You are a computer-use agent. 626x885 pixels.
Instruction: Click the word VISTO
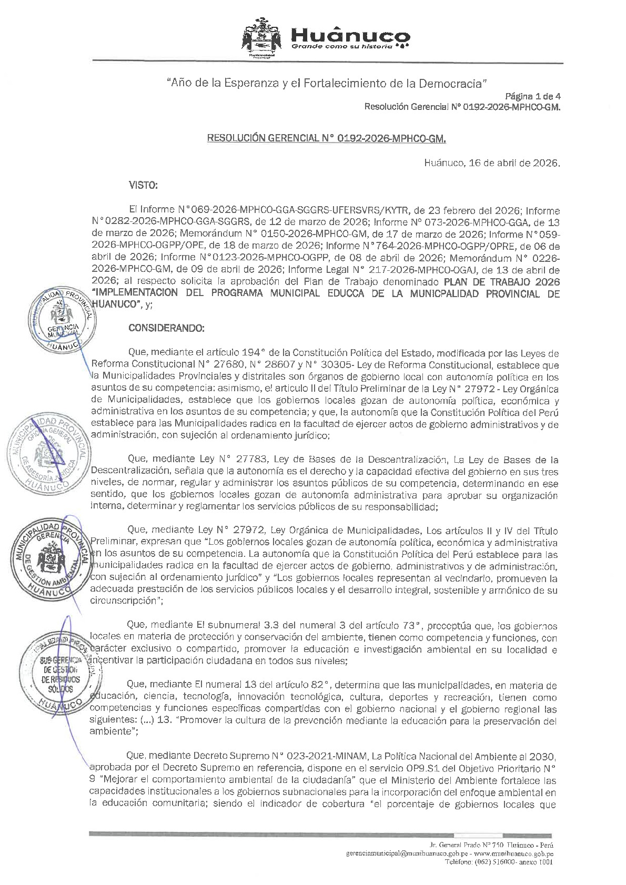point(143,185)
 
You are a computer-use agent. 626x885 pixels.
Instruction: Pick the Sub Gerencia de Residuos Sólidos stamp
point(53,675)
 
